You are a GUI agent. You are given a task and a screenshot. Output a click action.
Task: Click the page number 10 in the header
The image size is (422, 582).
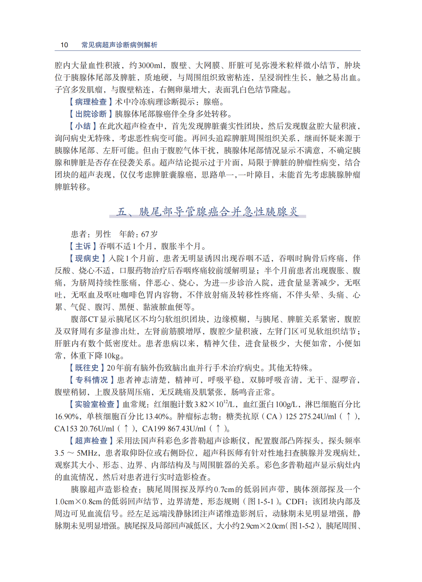[x=64, y=45]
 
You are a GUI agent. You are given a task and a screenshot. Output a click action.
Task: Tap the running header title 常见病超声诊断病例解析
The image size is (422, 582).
[x=119, y=45]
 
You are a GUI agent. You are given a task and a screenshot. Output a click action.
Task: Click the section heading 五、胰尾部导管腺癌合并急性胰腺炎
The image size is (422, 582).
[x=208, y=211]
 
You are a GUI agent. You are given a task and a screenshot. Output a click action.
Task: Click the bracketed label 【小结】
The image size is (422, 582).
[x=83, y=126]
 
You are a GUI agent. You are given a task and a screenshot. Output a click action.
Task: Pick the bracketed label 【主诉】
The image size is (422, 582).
[x=83, y=246]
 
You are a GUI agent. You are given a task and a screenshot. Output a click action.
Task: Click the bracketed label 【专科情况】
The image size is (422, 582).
[x=91, y=380]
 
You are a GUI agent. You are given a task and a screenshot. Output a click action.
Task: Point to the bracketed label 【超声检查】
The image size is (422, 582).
[x=91, y=441]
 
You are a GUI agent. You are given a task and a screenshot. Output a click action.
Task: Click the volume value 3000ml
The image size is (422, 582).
[x=150, y=65]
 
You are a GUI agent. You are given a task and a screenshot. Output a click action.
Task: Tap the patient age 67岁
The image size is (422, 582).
[x=149, y=234]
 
